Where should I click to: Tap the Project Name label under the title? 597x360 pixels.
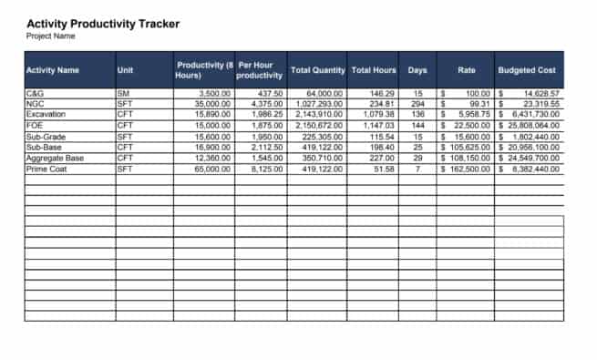pos(51,36)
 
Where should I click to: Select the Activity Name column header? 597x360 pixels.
pos(53,69)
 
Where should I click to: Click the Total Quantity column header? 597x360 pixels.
pos(317,69)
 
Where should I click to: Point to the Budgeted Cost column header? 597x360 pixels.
pos(527,69)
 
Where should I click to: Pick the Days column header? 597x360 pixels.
pos(417,69)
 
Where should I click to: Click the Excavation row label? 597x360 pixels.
pos(46,115)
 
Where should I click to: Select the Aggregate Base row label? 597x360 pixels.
pos(55,158)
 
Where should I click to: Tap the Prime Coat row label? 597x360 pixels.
pos(47,169)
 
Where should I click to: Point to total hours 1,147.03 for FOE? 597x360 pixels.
pos(376,126)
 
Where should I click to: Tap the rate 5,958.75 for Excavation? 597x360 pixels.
pos(472,115)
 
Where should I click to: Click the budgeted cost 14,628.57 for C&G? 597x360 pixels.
pos(541,94)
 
